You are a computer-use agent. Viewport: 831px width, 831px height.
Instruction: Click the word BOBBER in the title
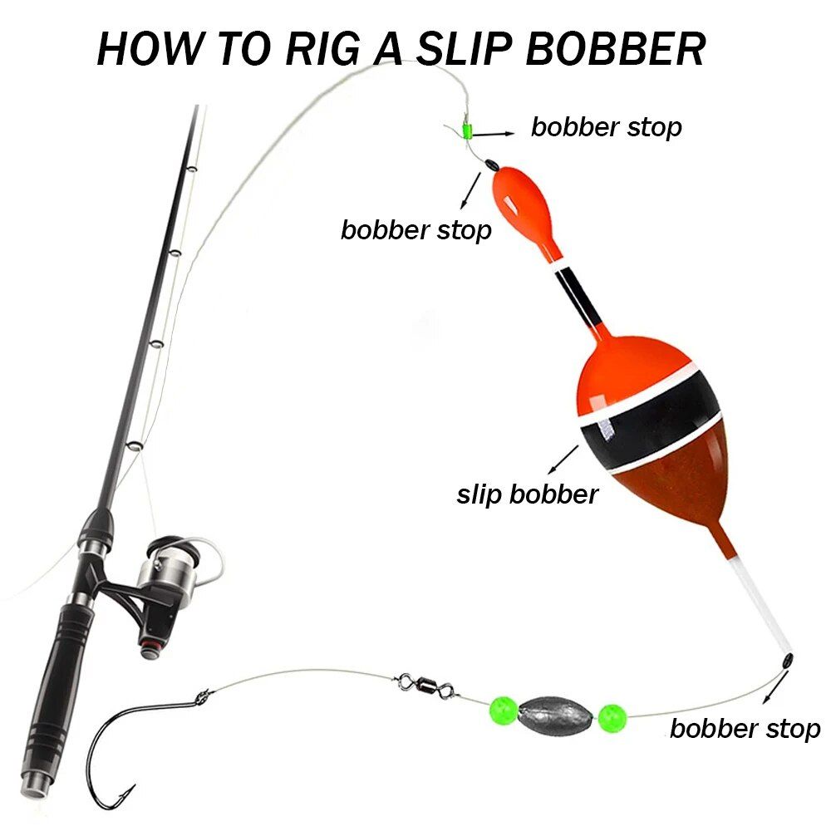pyautogui.click(x=615, y=49)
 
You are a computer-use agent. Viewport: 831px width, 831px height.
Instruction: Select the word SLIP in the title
pyautogui.click(x=463, y=49)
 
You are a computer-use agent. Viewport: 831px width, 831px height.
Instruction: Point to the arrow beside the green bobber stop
pyautogui.click(x=493, y=134)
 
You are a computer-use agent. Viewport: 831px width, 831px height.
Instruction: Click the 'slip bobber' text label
pyautogui.click(x=528, y=494)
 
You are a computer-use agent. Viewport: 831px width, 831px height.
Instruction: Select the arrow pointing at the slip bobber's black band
pyautogui.click(x=563, y=459)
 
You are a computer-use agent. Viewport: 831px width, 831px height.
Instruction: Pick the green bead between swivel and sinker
pyautogui.click(x=503, y=711)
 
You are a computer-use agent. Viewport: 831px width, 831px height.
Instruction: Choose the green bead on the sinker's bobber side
pyautogui.click(x=612, y=718)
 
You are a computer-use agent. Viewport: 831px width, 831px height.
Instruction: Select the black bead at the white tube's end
pyautogui.click(x=788, y=661)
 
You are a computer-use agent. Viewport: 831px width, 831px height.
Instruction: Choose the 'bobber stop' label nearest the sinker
pyautogui.click(x=745, y=729)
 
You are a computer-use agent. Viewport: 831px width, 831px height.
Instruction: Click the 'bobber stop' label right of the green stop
pyautogui.click(x=607, y=127)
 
